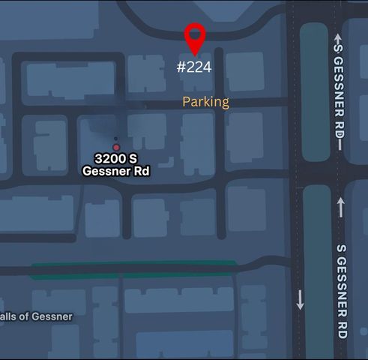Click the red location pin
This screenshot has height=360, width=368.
[x=195, y=37]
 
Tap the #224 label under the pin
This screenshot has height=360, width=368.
[x=194, y=67]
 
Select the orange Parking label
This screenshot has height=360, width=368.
[x=206, y=101]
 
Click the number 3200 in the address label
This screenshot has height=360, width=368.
[x=109, y=159]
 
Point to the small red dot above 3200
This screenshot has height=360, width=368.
[x=116, y=147]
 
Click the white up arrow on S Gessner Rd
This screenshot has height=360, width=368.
[x=341, y=206]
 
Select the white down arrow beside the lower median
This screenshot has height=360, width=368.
[x=301, y=300]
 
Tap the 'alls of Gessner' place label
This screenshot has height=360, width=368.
[x=37, y=316]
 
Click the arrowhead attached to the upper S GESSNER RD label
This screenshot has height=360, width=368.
[x=340, y=38]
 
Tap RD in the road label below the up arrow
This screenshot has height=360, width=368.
[x=342, y=330]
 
